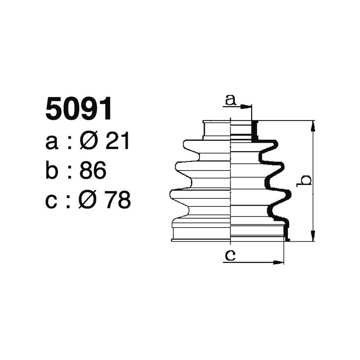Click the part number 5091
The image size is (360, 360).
point(79,110)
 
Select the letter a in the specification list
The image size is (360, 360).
point(52,143)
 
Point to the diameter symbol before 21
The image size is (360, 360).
point(89,142)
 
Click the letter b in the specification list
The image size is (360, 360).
point(52,171)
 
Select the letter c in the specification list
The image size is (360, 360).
point(52,201)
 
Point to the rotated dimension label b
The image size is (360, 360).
point(306,180)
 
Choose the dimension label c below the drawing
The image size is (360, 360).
point(230,256)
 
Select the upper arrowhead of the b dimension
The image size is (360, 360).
point(313,125)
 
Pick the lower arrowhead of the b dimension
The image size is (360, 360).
point(313,237)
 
